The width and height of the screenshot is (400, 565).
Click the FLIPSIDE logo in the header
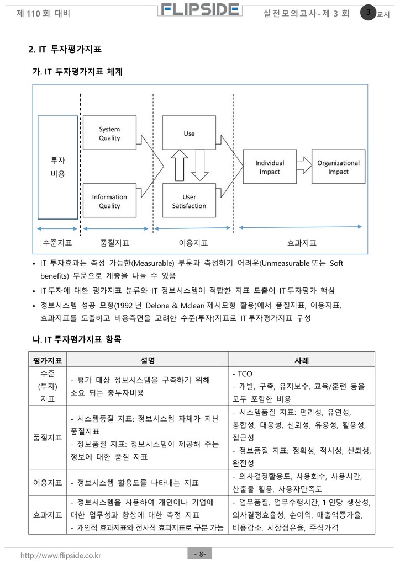[201, 10]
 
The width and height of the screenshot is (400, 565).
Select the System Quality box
[109, 134]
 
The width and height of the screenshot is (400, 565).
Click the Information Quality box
[109, 201]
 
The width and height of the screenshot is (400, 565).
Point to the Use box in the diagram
[189, 134]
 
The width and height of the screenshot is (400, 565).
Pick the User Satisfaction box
[189, 201]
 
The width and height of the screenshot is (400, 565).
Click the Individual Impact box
[270, 167]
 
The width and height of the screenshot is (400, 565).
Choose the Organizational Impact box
[338, 167]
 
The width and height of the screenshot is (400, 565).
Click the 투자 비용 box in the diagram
[58, 167]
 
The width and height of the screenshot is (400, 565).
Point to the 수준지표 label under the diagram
[57, 243]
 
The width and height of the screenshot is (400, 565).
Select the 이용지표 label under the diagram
[193, 243]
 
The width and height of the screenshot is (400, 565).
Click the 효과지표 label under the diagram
[302, 243]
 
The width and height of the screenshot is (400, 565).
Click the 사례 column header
[302, 360]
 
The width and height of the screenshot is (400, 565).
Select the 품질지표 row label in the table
[48, 438]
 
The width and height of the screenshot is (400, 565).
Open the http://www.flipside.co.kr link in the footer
[61, 555]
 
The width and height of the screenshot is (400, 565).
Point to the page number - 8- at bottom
[199, 553]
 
